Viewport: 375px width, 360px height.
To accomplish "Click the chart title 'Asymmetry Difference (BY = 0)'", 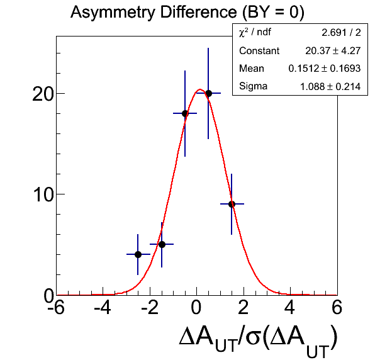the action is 187,12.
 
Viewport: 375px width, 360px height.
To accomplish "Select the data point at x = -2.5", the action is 138,254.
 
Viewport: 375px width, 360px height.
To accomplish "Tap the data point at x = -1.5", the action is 162,244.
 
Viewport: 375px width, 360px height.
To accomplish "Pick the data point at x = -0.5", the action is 185,113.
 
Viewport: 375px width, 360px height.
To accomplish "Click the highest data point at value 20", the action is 208,93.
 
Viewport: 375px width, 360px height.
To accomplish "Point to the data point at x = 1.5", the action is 232,205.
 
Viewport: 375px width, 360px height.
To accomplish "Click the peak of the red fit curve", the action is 200,89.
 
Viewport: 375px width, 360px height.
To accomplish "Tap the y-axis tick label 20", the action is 43,94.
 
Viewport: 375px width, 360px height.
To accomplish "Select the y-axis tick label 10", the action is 43,195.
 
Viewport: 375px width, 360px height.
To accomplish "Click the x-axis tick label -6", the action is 56,308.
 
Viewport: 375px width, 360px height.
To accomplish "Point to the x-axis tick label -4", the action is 103,308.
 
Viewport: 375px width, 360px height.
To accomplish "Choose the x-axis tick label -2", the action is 150,308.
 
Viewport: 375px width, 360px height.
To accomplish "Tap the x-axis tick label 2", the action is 243,308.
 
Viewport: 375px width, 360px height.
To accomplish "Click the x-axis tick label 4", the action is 289,308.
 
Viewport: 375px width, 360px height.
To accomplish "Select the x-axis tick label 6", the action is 337,308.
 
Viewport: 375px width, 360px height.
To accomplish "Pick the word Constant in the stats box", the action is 259,51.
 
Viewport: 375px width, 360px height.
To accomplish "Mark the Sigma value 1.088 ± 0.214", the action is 330,86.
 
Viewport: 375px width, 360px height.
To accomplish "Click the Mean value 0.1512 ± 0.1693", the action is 325,69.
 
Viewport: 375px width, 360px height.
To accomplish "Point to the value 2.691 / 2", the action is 341,33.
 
